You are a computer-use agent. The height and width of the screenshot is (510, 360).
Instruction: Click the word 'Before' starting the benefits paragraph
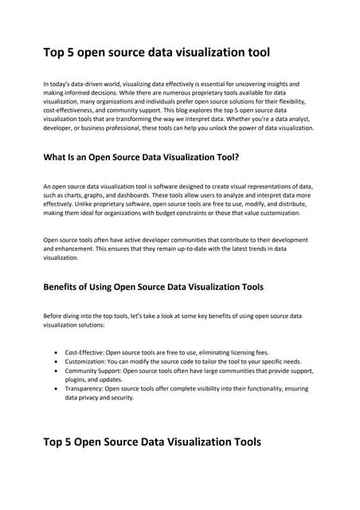point(53,316)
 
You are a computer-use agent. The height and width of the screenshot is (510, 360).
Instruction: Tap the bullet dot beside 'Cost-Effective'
point(55,351)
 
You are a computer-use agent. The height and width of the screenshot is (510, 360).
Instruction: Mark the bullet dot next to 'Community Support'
point(55,371)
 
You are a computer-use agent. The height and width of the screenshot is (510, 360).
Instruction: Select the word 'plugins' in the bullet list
point(76,379)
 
